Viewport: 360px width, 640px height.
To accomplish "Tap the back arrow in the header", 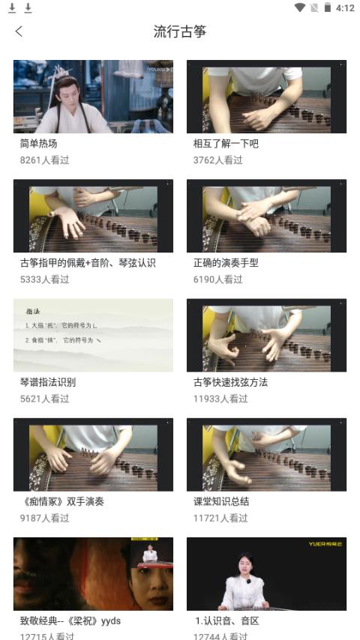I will [19, 31].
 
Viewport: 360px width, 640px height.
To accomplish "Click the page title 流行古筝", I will [180, 31].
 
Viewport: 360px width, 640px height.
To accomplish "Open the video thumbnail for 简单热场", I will [93, 97].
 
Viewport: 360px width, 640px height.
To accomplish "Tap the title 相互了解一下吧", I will [226, 143].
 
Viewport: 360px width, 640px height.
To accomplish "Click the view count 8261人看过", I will [45, 160].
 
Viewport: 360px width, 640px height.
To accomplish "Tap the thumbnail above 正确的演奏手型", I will [266, 216].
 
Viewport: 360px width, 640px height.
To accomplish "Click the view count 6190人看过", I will [218, 279].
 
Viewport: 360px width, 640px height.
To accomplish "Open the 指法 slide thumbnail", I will [93, 335].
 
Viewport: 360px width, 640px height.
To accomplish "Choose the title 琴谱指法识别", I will [48, 382].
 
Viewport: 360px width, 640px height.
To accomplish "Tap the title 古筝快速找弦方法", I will [230, 382].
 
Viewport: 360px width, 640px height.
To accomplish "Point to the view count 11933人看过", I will [220, 399].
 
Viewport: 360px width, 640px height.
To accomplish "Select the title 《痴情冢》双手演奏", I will [61, 501].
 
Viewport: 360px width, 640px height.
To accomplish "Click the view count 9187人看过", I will [45, 518].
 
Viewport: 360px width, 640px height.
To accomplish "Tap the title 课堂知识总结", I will [221, 501].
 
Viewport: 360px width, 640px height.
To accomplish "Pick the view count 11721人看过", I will [220, 518].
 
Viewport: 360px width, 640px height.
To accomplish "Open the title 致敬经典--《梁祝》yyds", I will [70, 621].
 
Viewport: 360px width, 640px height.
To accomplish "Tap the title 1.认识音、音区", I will [226, 621].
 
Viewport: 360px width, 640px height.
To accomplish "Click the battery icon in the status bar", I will [328, 8].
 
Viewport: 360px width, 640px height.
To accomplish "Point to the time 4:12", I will [345, 8].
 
